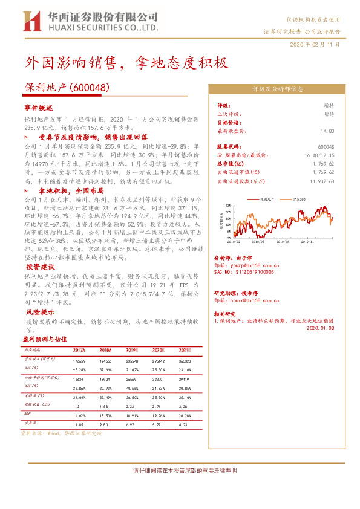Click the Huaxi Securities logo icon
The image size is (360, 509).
pos(31,21)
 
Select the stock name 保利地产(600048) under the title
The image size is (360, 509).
pos(67,87)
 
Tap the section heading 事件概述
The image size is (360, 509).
pos(39,107)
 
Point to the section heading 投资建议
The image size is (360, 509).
pos(41,267)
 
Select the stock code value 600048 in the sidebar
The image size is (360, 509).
pos(326,147)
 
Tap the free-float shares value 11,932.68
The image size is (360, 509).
pos(321,181)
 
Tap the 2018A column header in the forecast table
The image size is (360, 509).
pos(105,350)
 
